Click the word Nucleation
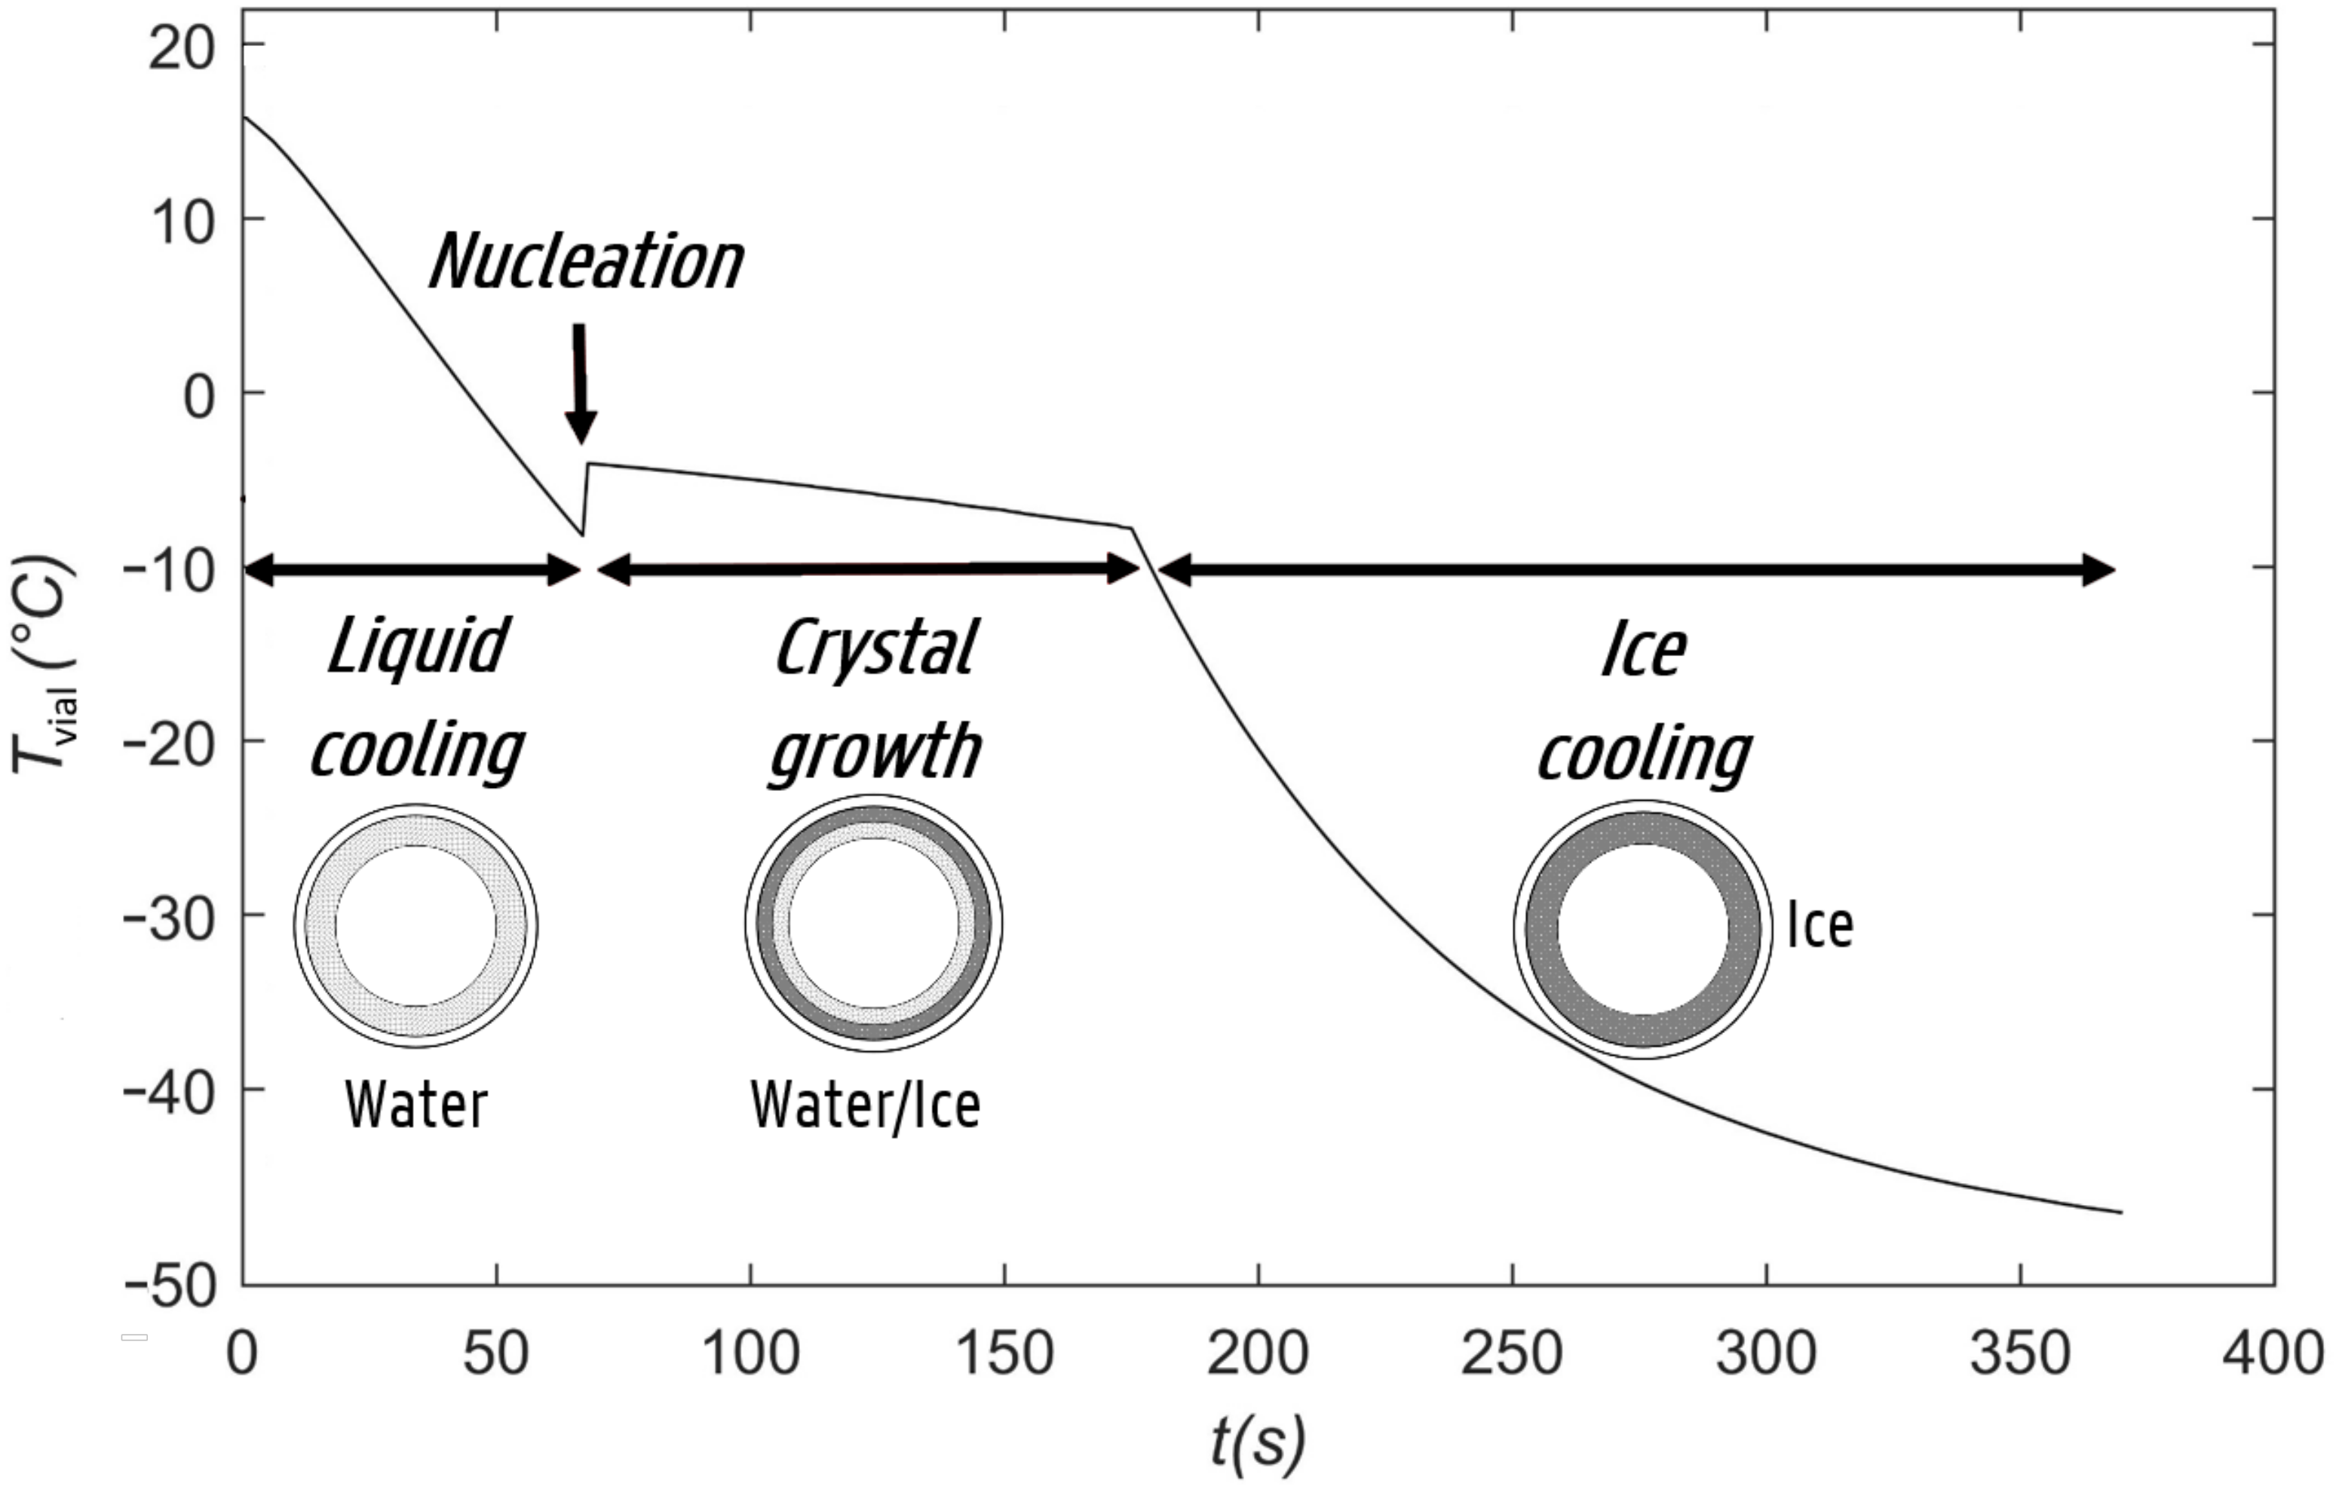[586, 262]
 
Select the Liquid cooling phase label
[417, 698]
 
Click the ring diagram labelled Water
[416, 924]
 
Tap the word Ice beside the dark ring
[1820, 927]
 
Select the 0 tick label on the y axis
[199, 396]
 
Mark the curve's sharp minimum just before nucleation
[582, 535]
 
